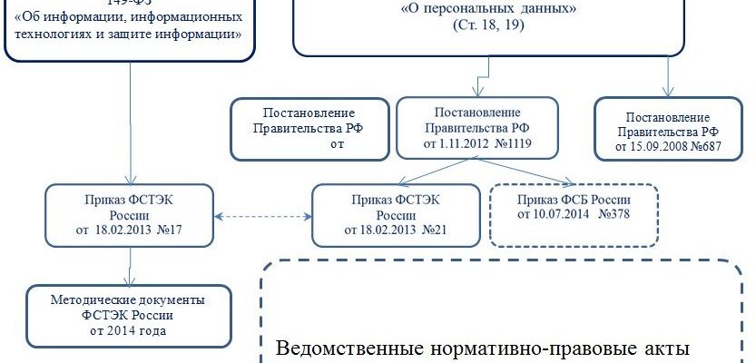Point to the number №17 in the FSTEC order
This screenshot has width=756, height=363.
tap(172, 230)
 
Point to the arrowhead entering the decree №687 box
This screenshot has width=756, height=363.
tap(668, 92)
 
